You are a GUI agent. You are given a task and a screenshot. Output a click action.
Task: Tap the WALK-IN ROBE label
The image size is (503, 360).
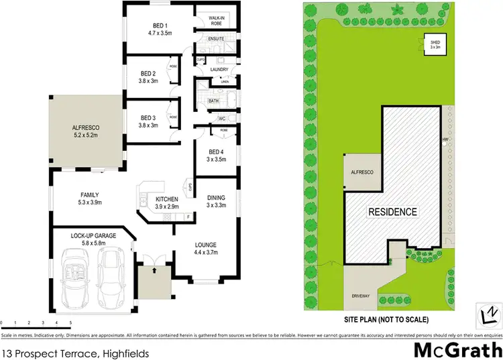tap(216, 21)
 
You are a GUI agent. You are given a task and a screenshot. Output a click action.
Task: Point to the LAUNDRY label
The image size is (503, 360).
tap(219, 70)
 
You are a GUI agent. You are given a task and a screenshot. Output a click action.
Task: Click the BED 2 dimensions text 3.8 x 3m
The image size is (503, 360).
tap(148, 82)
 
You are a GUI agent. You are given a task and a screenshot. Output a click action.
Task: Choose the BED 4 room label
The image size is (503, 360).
tap(215, 152)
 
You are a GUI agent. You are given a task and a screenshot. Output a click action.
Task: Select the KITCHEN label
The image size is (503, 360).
tap(167, 199)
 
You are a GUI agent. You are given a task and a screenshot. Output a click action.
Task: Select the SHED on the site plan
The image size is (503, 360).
tap(435, 45)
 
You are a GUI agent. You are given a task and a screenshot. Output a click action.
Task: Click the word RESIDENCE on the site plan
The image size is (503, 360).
tap(392, 212)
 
